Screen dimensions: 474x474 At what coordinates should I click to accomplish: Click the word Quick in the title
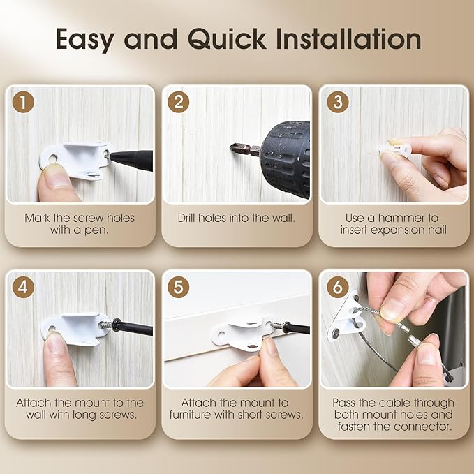227,40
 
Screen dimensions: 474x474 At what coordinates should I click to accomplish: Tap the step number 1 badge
23,102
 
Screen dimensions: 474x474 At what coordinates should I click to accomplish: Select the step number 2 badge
178,102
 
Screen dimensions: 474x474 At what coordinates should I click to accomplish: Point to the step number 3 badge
338,102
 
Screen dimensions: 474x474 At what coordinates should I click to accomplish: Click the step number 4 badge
23,287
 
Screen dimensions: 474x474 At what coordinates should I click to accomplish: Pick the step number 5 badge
178,287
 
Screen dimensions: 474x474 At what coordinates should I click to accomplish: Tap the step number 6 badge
338,287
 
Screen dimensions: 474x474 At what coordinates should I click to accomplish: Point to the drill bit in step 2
245,149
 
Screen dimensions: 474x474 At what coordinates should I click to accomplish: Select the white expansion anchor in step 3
395,149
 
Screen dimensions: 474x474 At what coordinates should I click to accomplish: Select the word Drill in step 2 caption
187,218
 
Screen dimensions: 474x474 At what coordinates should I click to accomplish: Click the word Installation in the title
348,39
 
